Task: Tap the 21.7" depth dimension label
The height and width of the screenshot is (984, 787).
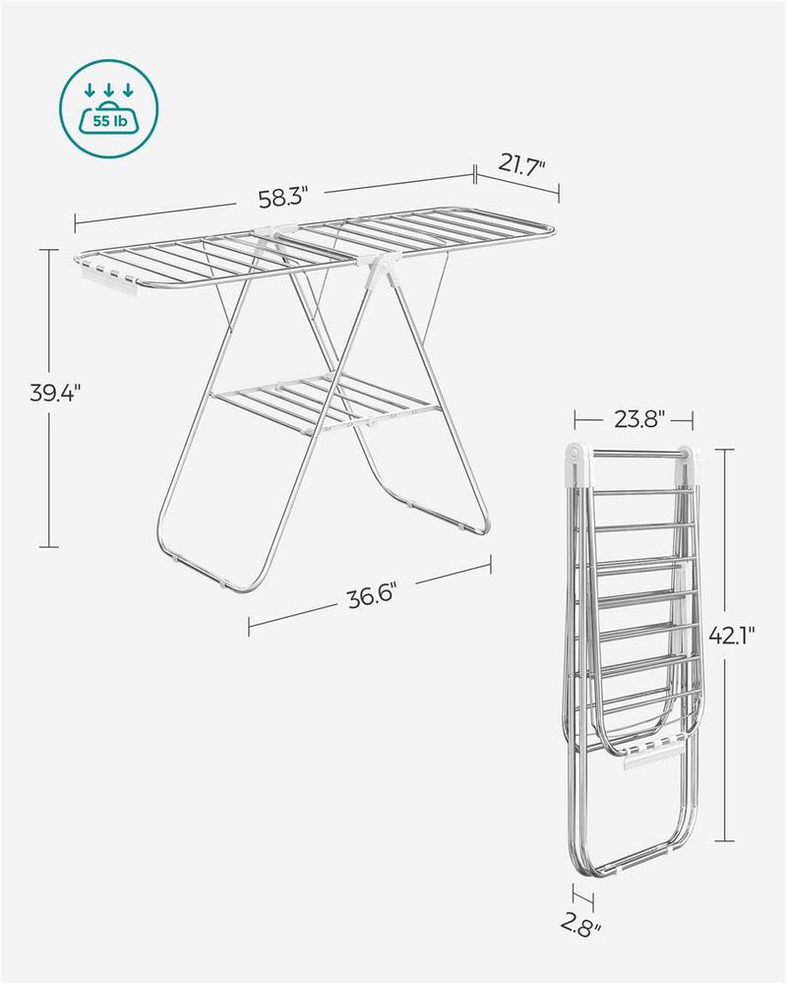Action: [x=519, y=164]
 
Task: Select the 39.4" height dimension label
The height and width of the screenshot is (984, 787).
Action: [x=55, y=395]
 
